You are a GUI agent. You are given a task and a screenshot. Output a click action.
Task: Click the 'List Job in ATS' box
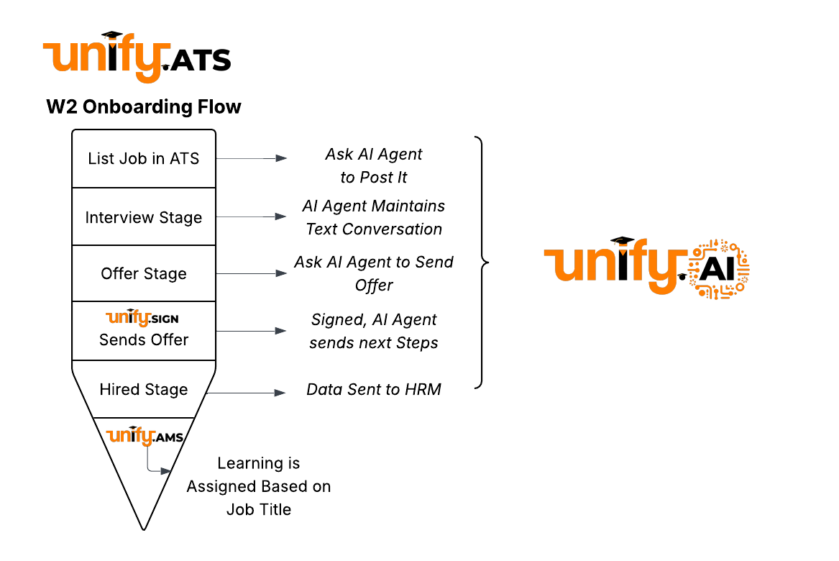(144, 159)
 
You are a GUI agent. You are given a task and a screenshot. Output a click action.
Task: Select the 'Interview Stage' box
(144, 217)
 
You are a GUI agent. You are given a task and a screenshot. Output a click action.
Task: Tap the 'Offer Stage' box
(144, 273)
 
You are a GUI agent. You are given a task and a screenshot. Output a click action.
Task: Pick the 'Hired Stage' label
(144, 389)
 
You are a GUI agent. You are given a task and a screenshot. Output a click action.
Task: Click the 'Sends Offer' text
(144, 339)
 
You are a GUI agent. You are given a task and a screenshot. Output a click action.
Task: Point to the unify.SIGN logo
(142, 318)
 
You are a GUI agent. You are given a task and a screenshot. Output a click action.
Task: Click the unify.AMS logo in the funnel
(145, 436)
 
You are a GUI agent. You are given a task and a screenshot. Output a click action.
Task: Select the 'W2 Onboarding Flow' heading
(144, 107)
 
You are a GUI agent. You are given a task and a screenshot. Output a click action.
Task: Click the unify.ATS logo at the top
(137, 58)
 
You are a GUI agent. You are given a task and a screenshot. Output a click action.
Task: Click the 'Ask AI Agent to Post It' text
(374, 165)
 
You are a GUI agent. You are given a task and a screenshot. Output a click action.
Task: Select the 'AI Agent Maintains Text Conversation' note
(374, 217)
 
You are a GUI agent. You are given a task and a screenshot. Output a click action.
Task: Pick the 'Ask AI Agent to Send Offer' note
(374, 273)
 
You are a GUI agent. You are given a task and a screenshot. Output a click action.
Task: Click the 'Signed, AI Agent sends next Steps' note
(374, 331)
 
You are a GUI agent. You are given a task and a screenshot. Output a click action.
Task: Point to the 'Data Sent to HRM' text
(374, 390)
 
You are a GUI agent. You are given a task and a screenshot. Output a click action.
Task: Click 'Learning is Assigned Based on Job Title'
(259, 486)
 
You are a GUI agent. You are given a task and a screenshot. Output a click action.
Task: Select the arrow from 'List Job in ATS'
(252, 158)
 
